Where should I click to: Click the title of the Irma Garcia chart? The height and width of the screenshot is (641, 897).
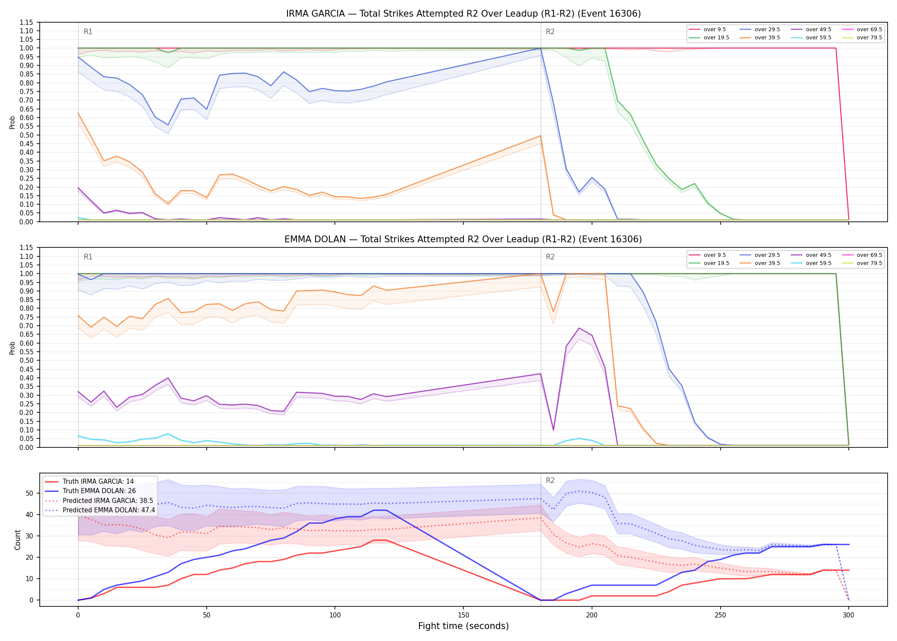click(463, 14)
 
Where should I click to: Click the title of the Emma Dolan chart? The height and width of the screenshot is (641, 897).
click(463, 239)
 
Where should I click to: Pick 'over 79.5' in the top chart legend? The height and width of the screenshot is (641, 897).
click(869, 38)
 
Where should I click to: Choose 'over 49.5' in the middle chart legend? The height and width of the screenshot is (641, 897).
click(818, 255)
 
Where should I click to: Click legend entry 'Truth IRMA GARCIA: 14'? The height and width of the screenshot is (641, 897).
click(98, 482)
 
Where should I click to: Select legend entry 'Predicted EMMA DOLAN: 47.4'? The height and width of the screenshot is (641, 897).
click(109, 510)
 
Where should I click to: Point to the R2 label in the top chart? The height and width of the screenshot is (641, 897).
click(550, 32)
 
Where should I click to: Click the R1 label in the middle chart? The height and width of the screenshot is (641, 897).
click(88, 257)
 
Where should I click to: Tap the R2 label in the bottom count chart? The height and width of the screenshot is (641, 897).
click(550, 480)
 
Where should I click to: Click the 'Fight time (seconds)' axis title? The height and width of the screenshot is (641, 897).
click(463, 626)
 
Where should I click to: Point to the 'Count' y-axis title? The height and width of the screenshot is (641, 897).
click(18, 540)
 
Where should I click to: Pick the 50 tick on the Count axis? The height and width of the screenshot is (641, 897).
click(29, 493)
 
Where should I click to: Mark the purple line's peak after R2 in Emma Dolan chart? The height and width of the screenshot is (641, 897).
click(579, 328)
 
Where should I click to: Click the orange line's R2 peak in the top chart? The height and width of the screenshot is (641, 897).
click(541, 136)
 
